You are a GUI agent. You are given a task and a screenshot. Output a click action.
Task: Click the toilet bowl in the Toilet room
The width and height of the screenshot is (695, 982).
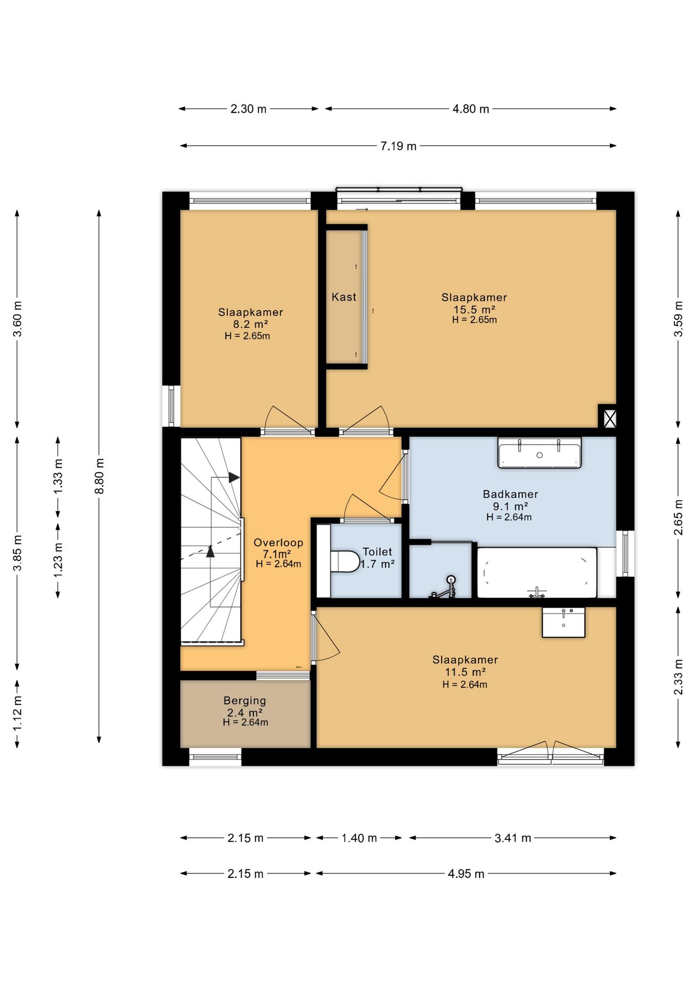pos(345,561)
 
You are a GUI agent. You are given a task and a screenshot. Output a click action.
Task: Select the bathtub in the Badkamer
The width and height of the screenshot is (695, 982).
pos(537,572)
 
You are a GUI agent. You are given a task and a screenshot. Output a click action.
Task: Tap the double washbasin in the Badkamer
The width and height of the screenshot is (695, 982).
pos(539,453)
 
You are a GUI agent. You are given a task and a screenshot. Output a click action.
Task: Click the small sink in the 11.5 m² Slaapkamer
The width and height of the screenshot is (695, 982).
pos(563,622)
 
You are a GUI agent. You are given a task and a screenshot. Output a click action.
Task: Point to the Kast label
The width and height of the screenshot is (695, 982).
pos(344,297)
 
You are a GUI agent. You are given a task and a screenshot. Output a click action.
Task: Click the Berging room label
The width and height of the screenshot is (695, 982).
pos(245,701)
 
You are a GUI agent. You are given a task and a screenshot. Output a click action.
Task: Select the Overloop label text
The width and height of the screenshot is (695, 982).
pos(278,543)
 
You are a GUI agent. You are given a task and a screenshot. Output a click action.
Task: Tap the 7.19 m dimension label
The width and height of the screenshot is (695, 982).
pos(398,146)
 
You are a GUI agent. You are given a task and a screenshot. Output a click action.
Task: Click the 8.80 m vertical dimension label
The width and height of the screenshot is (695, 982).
pos(99,476)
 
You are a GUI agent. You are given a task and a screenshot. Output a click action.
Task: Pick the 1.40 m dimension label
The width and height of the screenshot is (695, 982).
pos(359,838)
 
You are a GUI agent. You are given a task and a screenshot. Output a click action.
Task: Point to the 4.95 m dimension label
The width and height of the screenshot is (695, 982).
pos(466,874)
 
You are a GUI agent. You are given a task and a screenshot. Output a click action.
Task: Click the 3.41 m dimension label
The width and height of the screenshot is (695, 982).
pos(513,838)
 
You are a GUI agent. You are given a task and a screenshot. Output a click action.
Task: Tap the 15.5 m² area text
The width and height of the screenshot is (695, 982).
pos(474,309)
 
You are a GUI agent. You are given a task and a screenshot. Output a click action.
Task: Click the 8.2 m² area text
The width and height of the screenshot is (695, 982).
pos(251,324)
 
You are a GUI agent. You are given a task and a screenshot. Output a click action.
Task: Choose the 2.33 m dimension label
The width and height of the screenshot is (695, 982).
pos(679,677)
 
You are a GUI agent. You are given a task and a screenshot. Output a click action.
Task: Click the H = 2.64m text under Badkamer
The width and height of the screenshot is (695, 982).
pos(509,517)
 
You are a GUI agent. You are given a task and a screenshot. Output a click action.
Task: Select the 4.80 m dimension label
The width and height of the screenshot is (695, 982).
pos(471,109)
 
